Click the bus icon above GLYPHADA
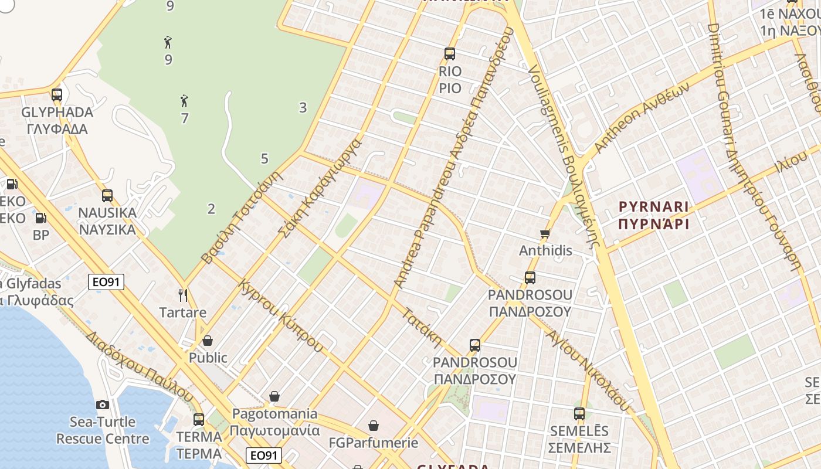pyautogui.click(x=57, y=94)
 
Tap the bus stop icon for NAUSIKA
pyautogui.click(x=107, y=196)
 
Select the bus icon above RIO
pyautogui.click(x=450, y=54)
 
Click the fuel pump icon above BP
pyautogui.click(x=40, y=218)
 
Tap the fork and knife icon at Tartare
pyautogui.click(x=183, y=295)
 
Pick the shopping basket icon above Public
pyautogui.click(x=208, y=341)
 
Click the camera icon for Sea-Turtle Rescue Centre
pyautogui.click(x=103, y=405)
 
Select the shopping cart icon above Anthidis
pyautogui.click(x=545, y=234)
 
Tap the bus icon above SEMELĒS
pyautogui.click(x=579, y=414)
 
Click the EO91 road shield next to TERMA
pyautogui.click(x=264, y=456)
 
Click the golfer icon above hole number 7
pyautogui.click(x=184, y=101)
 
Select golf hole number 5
pyautogui.click(x=264, y=158)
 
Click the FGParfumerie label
pyautogui.click(x=374, y=443)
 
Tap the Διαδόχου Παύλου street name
pyautogui.click(x=139, y=365)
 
